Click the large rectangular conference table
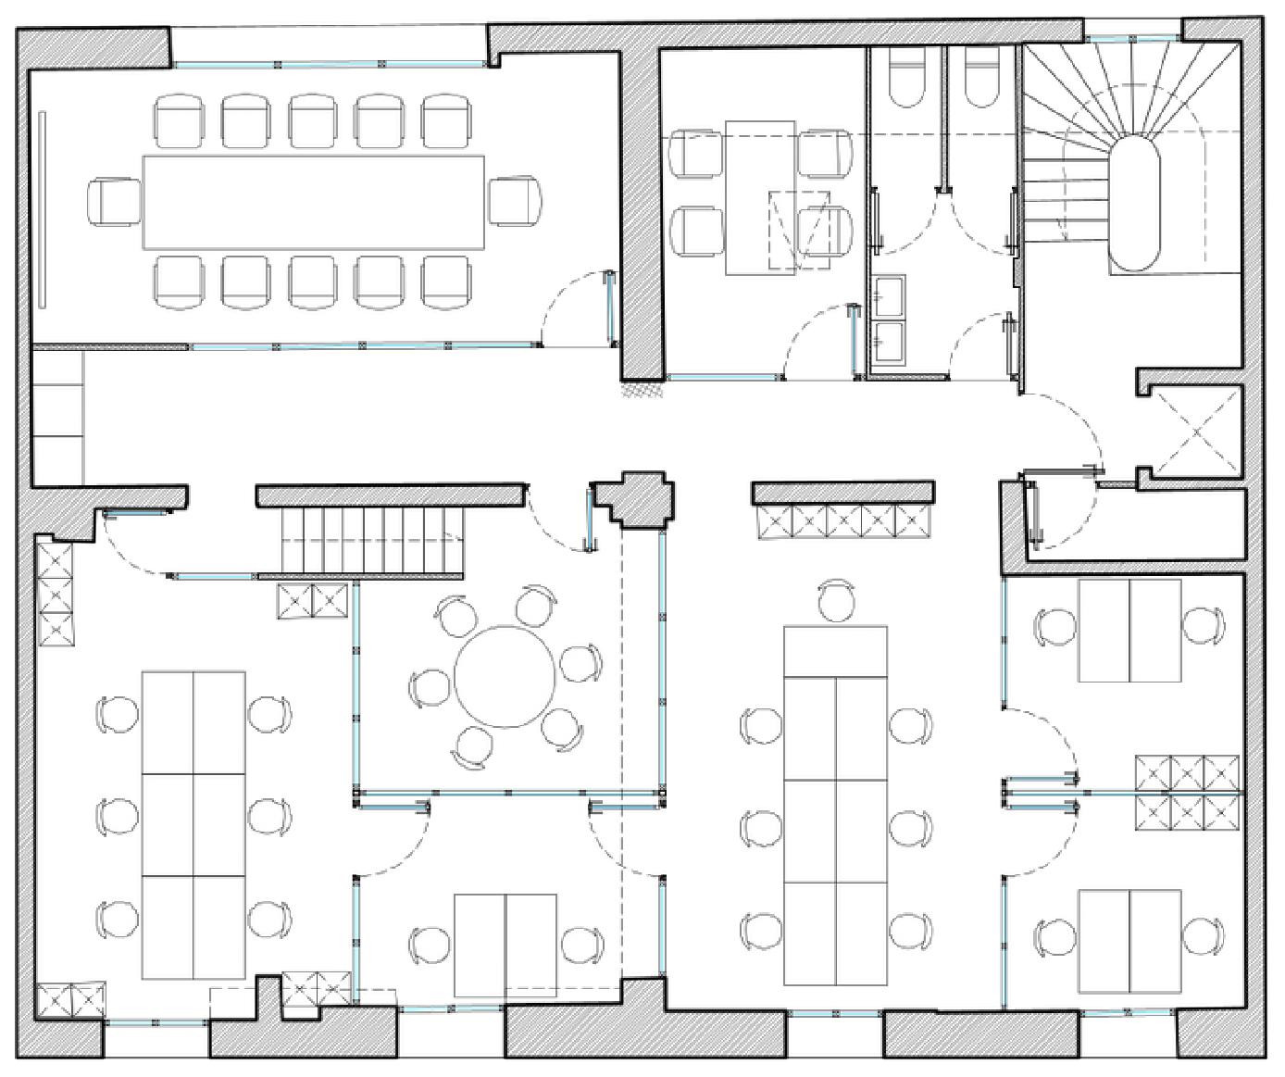click(314, 202)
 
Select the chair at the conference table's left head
click(113, 202)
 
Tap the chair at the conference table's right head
click(515, 202)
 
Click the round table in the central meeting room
click(505, 677)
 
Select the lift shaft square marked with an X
click(1196, 432)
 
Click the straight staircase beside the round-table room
click(372, 542)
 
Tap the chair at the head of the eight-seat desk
click(837, 601)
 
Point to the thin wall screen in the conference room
click(43, 207)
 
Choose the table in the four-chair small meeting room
click(760, 197)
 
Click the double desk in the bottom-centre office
click(505, 946)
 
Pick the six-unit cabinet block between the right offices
click(1188, 794)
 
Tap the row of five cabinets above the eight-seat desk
click(842, 523)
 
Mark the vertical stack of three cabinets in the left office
click(56, 595)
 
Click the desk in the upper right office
click(1129, 631)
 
